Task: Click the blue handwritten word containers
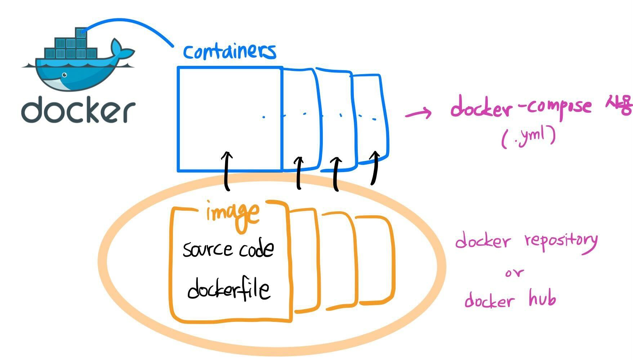tap(229, 51)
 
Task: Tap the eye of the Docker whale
tap(64, 75)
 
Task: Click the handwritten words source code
tap(228, 249)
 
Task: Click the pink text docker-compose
tap(521, 106)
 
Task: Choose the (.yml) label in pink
tap(528, 137)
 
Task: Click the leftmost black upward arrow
tap(227, 171)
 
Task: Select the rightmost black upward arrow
tap(375, 168)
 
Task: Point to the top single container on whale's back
tap(80, 32)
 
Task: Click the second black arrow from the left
tap(299, 173)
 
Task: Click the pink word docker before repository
tap(483, 241)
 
